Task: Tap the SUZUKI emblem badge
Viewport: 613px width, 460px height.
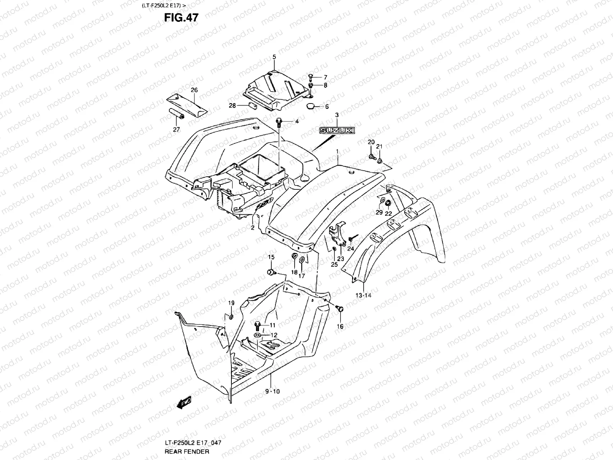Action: pyautogui.click(x=338, y=131)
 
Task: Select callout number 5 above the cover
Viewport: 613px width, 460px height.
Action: pyautogui.click(x=274, y=57)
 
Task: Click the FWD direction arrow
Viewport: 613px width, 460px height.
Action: pyautogui.click(x=184, y=402)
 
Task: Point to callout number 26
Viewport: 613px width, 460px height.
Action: pyautogui.click(x=194, y=90)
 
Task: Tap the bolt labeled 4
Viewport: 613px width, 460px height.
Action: pyautogui.click(x=279, y=122)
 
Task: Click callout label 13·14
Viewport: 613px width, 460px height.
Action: pyautogui.click(x=363, y=295)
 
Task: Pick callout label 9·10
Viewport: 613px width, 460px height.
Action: pyautogui.click(x=272, y=391)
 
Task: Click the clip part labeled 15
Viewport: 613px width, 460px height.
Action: pyautogui.click(x=270, y=272)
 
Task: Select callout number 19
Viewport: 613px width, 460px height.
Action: pyautogui.click(x=231, y=303)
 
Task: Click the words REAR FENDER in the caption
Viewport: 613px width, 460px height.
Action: pyautogui.click(x=187, y=451)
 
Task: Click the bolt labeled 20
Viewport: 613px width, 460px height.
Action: pyautogui.click(x=372, y=156)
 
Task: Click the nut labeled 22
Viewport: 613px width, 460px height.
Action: pyautogui.click(x=388, y=203)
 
